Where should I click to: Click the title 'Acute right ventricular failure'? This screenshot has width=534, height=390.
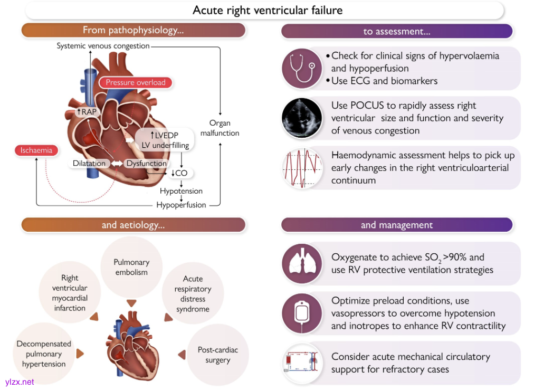click(x=268, y=10)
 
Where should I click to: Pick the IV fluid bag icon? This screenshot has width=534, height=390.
click(x=302, y=313)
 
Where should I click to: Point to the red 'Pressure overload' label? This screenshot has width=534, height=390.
click(x=136, y=82)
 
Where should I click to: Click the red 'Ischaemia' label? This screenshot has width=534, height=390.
click(x=36, y=150)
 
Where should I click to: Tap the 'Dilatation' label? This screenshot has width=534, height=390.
click(x=89, y=164)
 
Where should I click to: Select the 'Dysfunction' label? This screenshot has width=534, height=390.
click(x=146, y=164)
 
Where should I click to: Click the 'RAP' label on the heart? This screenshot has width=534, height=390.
click(x=88, y=112)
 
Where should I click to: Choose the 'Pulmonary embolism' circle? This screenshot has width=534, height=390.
click(x=131, y=267)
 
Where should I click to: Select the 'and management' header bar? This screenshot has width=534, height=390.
click(x=396, y=225)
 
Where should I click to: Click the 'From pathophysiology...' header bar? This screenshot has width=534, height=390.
click(x=133, y=31)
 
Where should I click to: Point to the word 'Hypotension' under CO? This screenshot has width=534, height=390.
click(x=181, y=191)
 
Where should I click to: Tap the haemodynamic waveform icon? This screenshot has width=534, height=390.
click(x=302, y=168)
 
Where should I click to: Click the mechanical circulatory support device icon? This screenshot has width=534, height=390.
click(x=302, y=363)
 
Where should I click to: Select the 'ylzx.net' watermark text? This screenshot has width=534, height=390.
click(x=20, y=382)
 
